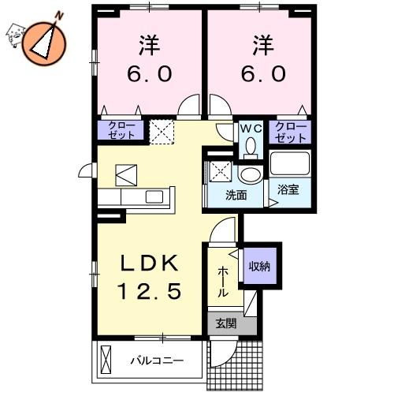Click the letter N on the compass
[x=60, y=16]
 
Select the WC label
[x=251, y=129]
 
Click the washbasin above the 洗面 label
[x=251, y=174]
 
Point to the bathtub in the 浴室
[x=290, y=163]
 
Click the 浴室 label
[x=288, y=189]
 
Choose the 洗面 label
[x=236, y=195]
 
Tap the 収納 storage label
[x=259, y=267]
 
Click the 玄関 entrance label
[x=226, y=323]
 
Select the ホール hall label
[x=223, y=282]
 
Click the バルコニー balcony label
[x=157, y=361]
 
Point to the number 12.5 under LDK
[x=151, y=291]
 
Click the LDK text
[x=149, y=263]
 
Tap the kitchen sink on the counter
[x=154, y=196]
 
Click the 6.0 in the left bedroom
[x=150, y=73]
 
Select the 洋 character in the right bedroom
[x=263, y=45]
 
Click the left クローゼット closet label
[x=121, y=130]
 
